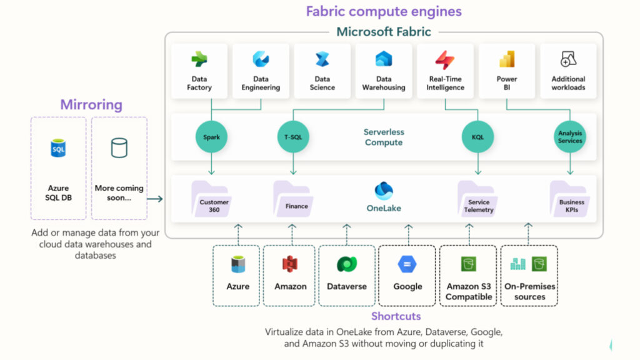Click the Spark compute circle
(x=211, y=137)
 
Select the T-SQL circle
(x=292, y=137)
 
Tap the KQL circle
(x=477, y=137)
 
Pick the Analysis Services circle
(x=569, y=137)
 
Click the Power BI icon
(x=507, y=59)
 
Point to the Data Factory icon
(x=199, y=59)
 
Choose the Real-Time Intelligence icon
(x=445, y=60)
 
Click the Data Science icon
(x=322, y=60)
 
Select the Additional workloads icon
(x=568, y=59)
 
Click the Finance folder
(x=292, y=199)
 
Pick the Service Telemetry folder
(x=478, y=199)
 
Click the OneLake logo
(x=384, y=191)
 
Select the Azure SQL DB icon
(x=58, y=149)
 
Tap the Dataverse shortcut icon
(x=347, y=264)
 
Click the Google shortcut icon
(x=407, y=264)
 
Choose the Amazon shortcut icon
(x=290, y=264)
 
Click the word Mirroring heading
(x=91, y=104)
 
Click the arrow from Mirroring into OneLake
(x=156, y=199)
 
